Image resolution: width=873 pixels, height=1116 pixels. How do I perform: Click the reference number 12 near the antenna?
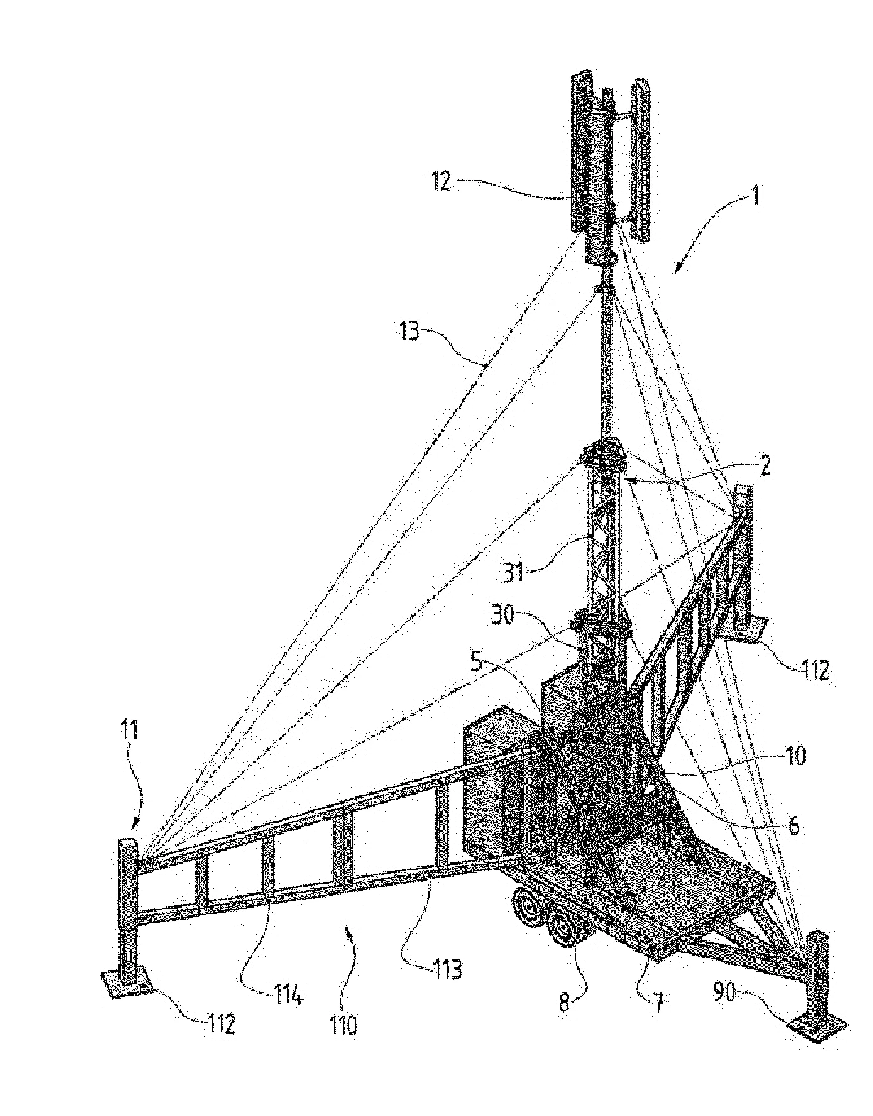(440, 181)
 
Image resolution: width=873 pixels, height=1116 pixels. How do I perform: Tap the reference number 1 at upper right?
(754, 195)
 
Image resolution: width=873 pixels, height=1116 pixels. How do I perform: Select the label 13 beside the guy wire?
(408, 331)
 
